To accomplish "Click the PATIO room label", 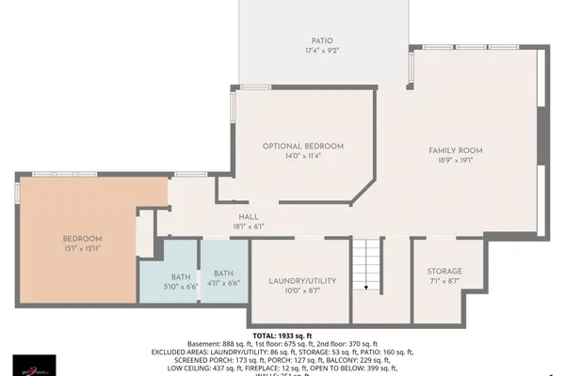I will coord(322,40).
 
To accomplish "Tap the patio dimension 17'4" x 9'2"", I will coord(322,51).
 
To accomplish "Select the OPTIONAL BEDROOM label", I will coord(302,147).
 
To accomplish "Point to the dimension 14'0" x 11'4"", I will coord(302,157).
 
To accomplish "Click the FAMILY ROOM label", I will coord(455,150).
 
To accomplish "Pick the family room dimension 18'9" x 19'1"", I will coord(455,161).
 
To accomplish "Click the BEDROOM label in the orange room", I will coord(83,239).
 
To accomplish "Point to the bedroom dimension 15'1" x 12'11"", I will coord(83,249).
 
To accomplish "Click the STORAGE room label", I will coord(444,271).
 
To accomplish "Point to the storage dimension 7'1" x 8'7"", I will coord(444,281).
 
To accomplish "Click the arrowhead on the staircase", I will coord(365,289).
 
